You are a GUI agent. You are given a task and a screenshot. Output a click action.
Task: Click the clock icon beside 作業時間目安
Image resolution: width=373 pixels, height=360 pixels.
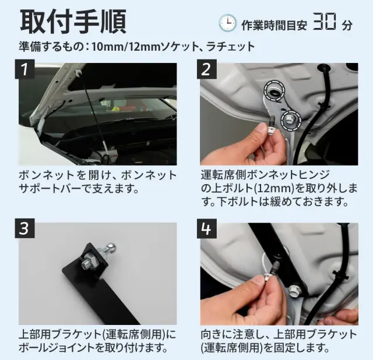[x=227, y=23]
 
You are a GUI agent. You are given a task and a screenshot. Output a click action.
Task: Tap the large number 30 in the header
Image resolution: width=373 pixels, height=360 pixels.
[x=325, y=22]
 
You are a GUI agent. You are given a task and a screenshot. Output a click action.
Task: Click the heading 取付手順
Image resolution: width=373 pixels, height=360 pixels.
[x=73, y=22]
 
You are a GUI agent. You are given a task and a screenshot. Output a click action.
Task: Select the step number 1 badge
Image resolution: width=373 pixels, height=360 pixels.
[x=24, y=69]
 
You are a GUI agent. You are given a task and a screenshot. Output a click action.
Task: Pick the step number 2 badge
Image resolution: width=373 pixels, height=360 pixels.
[x=206, y=69]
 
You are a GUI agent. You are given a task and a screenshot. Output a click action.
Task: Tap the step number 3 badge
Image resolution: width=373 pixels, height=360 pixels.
[x=24, y=228]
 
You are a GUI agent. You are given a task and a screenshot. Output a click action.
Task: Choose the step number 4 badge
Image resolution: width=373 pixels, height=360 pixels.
[x=206, y=228]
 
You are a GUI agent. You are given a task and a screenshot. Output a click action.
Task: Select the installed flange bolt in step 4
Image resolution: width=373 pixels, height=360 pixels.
[x=294, y=291]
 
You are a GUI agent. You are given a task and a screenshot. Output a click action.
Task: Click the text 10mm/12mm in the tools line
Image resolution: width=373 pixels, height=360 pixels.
[x=125, y=47]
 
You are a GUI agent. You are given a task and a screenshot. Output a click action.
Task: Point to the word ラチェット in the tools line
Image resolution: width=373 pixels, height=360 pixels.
[x=231, y=47]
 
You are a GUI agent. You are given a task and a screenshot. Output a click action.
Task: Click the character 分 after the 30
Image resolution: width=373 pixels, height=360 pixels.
[x=347, y=25]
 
